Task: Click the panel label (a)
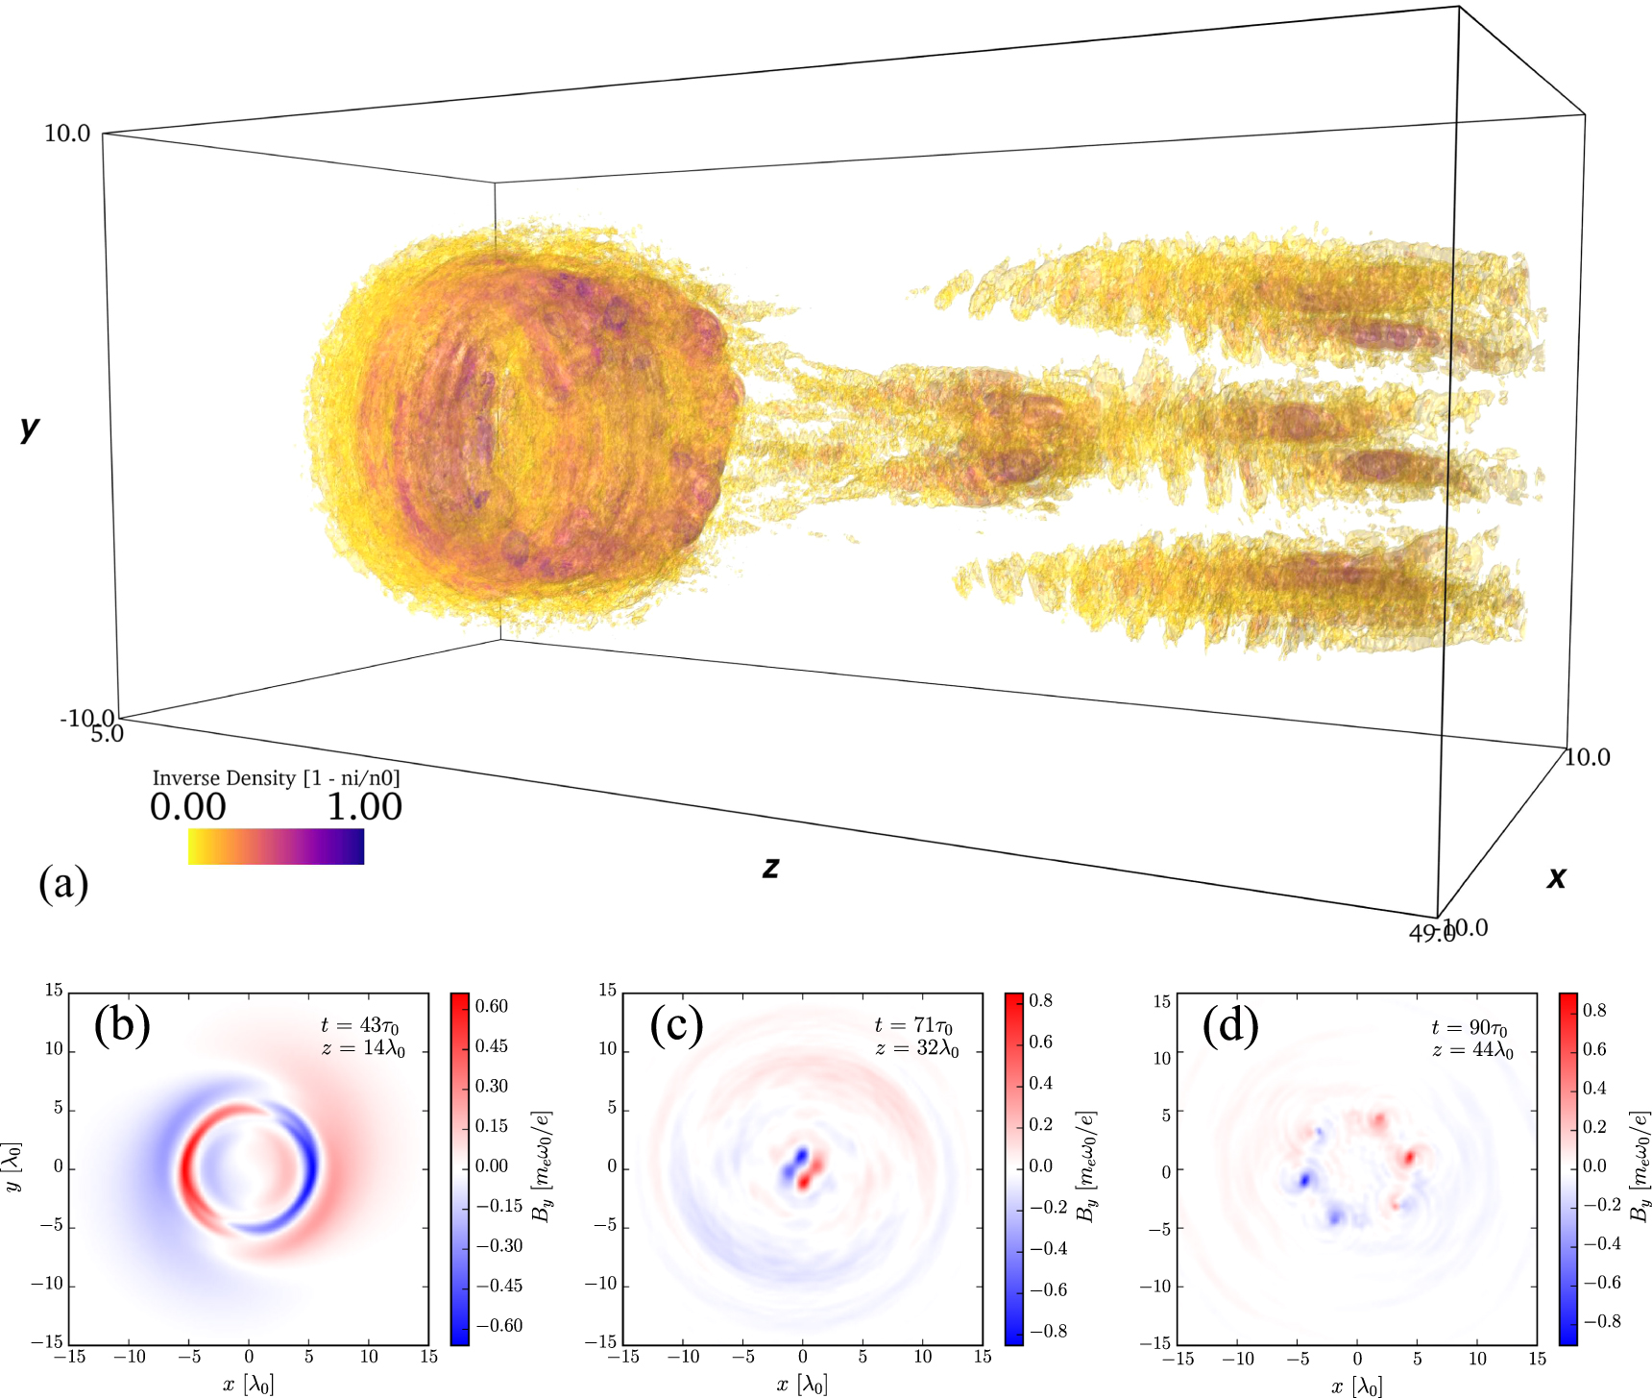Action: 63,883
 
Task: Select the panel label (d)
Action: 1230,1025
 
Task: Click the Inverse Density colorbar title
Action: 276,778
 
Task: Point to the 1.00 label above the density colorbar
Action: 364,807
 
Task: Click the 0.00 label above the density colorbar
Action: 188,807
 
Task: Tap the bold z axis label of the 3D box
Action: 770,868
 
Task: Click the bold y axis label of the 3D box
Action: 30,428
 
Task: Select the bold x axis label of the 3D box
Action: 1556,876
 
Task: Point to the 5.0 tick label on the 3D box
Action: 108,734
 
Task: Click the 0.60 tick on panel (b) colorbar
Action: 492,1006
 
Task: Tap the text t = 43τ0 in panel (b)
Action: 360,1026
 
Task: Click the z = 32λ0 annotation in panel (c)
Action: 916,1049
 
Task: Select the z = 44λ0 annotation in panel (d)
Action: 1471,1051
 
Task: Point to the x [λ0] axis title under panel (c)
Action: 802,1385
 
